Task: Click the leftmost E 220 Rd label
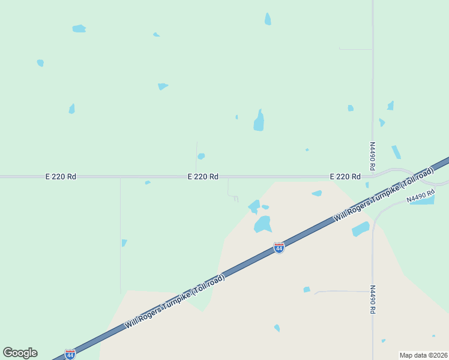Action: pyautogui.click(x=61, y=177)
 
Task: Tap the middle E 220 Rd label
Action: pyautogui.click(x=203, y=177)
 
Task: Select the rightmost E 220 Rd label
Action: pyautogui.click(x=345, y=177)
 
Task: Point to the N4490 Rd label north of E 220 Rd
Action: pyautogui.click(x=372, y=156)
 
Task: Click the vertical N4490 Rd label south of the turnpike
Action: pyautogui.click(x=372, y=299)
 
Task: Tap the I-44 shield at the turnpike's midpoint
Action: pyautogui.click(x=279, y=247)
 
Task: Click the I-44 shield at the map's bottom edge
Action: pyautogui.click(x=70, y=355)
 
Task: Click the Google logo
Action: pyautogui.click(x=20, y=353)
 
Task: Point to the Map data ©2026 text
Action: pyautogui.click(x=423, y=355)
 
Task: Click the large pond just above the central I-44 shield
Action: pyautogui.click(x=262, y=224)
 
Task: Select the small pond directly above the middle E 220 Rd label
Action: pyautogui.click(x=201, y=156)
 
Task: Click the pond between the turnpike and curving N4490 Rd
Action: pyautogui.click(x=360, y=229)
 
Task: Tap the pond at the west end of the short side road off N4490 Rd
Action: pyautogui.click(x=307, y=290)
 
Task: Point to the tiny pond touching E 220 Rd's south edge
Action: pyautogui.click(x=148, y=182)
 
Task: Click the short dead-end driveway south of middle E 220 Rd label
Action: pyautogui.click(x=229, y=189)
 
